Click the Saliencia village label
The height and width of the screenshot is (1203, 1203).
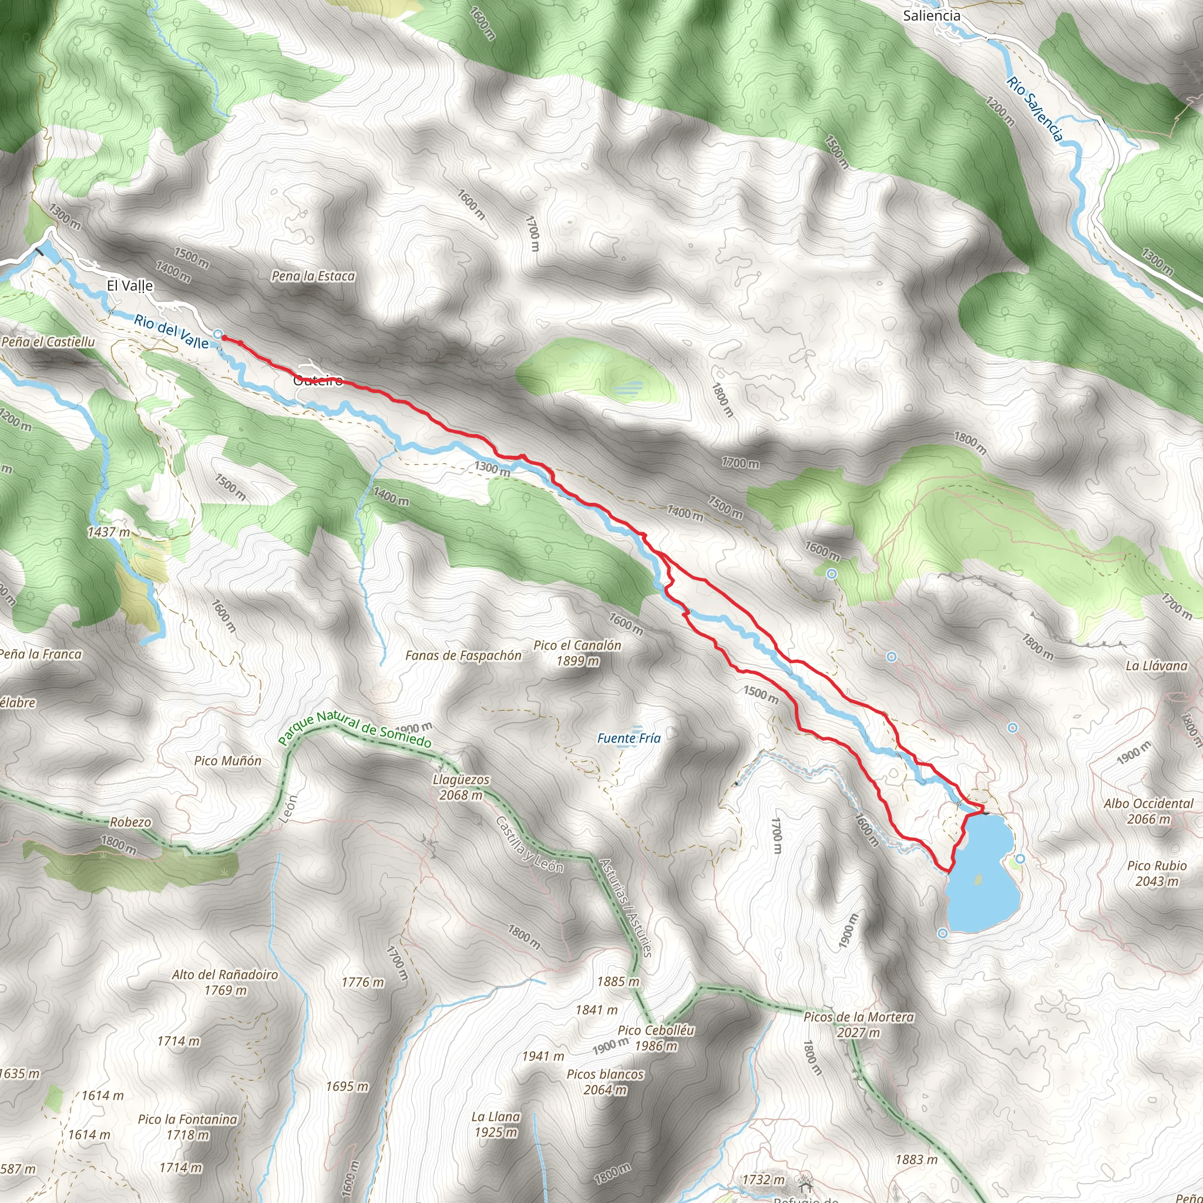pos(931,16)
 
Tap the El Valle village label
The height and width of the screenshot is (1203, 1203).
pos(129,286)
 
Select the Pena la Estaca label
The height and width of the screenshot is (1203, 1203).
pos(313,276)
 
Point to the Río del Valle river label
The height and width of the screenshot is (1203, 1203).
pos(172,331)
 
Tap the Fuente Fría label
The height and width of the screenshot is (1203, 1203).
pos(629,738)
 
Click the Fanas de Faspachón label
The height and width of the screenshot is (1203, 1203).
pos(463,655)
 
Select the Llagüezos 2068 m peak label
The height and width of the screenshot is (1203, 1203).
pos(461,787)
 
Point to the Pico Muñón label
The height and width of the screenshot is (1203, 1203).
pos(228,760)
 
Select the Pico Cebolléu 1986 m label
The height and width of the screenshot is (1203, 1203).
pos(656,1038)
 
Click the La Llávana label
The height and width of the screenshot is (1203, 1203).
pos(1156,666)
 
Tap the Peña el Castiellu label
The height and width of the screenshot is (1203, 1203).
pos(49,342)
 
